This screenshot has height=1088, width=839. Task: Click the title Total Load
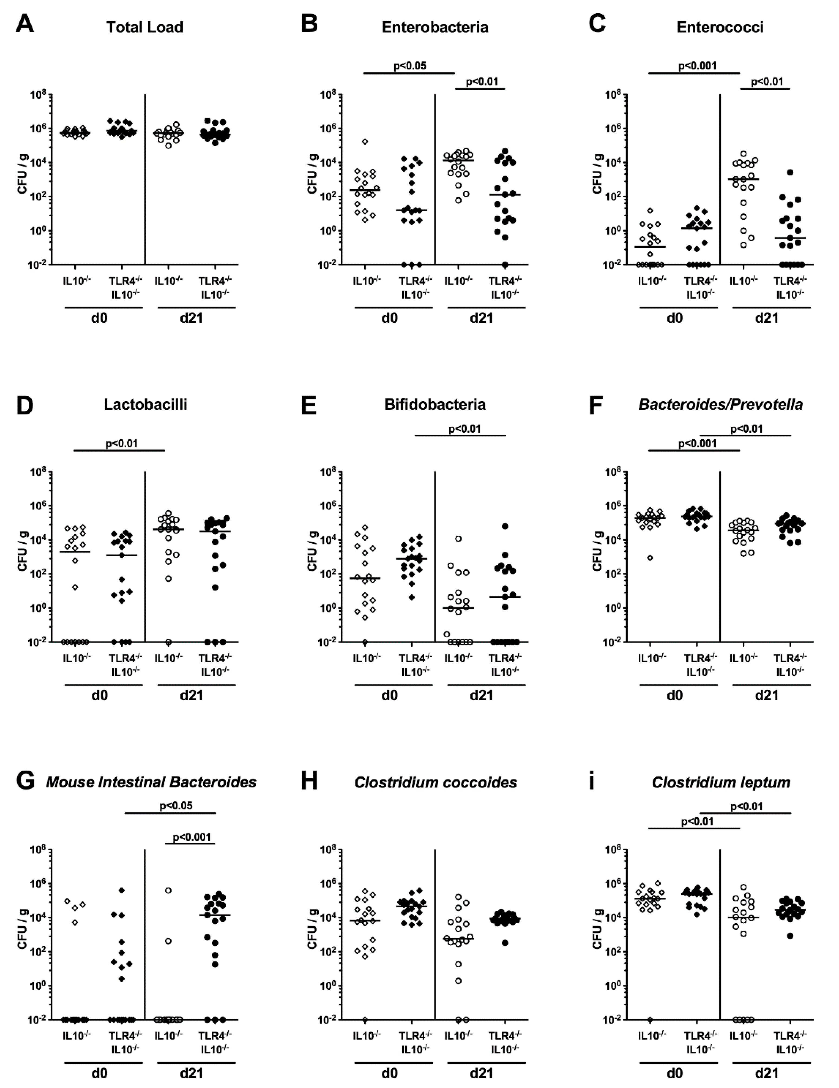pos(144,27)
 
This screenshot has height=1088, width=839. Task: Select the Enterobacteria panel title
pos(435,27)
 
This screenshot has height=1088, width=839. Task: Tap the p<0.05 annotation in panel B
pos(410,65)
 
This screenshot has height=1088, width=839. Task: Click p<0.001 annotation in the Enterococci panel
pos(697,65)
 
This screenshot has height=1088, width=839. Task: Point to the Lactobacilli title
pos(146,404)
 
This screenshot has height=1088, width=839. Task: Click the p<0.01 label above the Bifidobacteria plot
pos(465,429)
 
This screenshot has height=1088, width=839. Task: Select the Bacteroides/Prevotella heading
pos(720,404)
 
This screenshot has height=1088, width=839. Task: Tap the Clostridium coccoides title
pos(435,782)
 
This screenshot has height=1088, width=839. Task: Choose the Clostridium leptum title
pos(721,782)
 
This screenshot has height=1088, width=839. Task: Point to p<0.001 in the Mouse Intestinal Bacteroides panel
pos(192,837)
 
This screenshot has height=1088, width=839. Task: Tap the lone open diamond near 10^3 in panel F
pos(650,558)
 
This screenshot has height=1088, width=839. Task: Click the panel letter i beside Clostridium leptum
pos(592,781)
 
